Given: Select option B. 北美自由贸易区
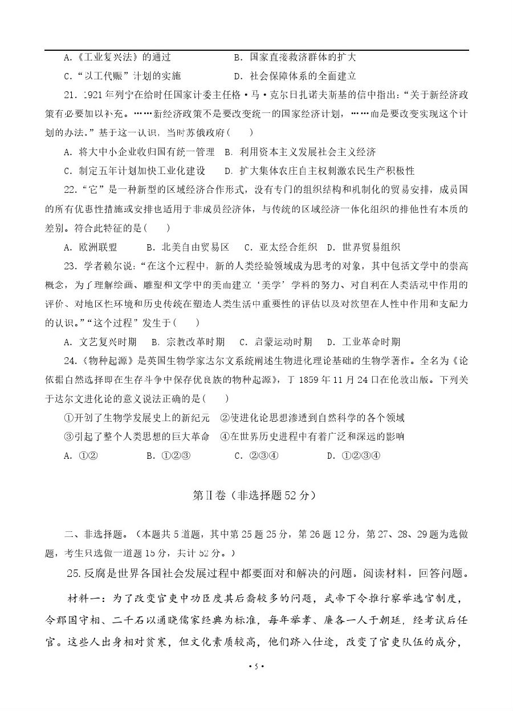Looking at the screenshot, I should click(188, 247).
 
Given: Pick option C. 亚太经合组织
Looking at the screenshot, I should click(280, 247).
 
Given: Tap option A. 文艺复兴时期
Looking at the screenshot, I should click(100, 342).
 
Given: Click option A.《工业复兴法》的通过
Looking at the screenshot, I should click(117, 57).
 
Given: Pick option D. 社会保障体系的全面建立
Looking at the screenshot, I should click(295, 76).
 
